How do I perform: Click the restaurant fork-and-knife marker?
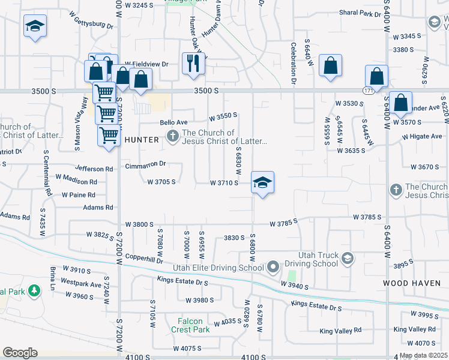(193, 64)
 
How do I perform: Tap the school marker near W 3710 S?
(262, 182)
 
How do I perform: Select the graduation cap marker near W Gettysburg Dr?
(35, 26)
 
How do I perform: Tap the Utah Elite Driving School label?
(220, 268)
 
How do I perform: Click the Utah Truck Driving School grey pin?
(347, 259)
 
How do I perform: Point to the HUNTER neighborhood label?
(142, 140)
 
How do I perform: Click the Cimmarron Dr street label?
(145, 164)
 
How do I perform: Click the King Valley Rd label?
(340, 331)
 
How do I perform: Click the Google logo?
(20, 353)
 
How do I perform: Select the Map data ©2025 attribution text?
(423, 355)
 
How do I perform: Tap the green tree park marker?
(35, 291)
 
